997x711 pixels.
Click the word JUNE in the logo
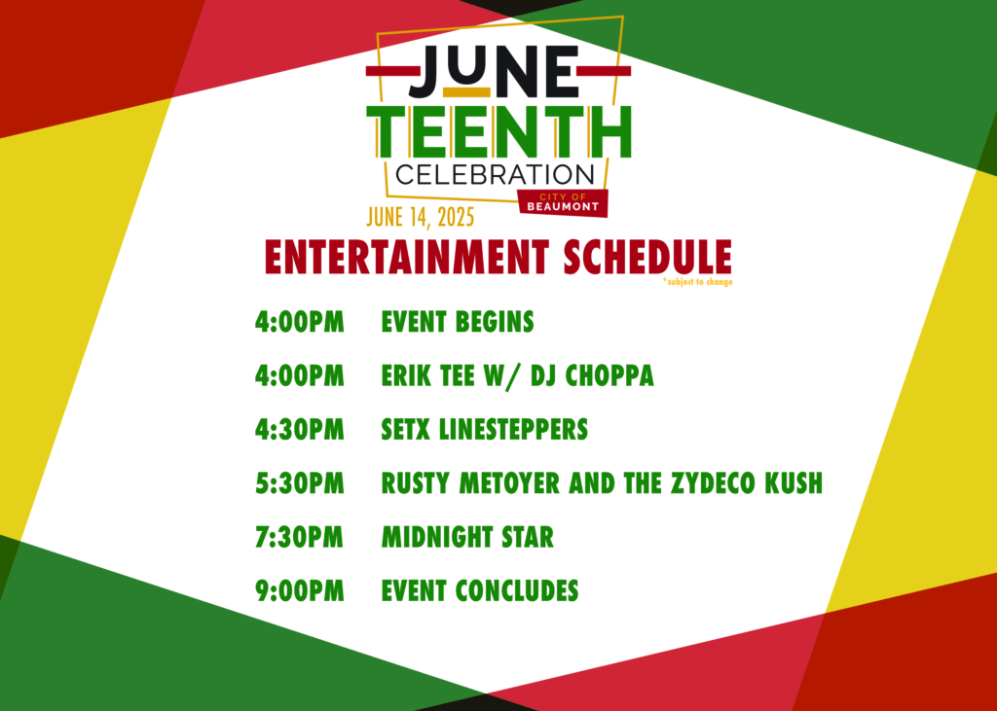pyautogui.click(x=494, y=71)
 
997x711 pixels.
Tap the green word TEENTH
pyautogui.click(x=498, y=131)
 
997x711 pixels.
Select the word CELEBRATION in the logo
pyautogui.click(x=495, y=174)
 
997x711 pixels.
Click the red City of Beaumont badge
pyautogui.click(x=563, y=202)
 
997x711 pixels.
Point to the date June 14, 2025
pyautogui.click(x=421, y=217)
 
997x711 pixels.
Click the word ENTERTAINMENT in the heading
pyautogui.click(x=407, y=258)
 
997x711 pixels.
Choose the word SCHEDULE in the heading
pyautogui.click(x=647, y=258)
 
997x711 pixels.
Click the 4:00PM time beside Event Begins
pyautogui.click(x=300, y=322)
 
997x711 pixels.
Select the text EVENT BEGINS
pyautogui.click(x=458, y=322)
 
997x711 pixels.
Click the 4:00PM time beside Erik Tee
pyautogui.click(x=300, y=375)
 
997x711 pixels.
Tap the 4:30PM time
pyautogui.click(x=300, y=430)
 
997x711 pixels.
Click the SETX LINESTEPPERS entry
pyautogui.click(x=485, y=430)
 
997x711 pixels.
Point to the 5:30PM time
pyautogui.click(x=300, y=483)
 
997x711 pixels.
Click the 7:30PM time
pyautogui.click(x=300, y=538)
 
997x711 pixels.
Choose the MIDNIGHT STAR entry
pyautogui.click(x=467, y=538)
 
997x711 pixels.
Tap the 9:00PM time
pyautogui.click(x=300, y=591)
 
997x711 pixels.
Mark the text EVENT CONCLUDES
pyautogui.click(x=479, y=591)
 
